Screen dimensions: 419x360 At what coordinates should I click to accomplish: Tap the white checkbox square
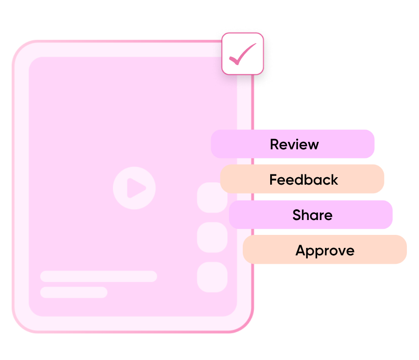[243, 53]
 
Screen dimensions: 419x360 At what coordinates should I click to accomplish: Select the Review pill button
[293, 144]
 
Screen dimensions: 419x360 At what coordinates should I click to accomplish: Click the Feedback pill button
[302, 179]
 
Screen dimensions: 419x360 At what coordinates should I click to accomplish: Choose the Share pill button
[311, 214]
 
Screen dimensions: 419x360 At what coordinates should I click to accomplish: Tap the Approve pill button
[325, 249]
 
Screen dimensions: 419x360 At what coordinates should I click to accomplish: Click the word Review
[294, 144]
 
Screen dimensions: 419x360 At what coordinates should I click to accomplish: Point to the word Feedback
[304, 180]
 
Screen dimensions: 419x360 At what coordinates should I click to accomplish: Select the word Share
[313, 215]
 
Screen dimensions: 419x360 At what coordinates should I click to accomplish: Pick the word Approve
[325, 251]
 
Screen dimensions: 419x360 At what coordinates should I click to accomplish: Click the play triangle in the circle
[135, 188]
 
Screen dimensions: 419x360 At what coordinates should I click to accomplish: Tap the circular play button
[134, 188]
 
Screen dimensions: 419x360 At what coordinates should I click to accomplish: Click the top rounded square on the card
[212, 198]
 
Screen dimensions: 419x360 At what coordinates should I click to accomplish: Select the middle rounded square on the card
[212, 237]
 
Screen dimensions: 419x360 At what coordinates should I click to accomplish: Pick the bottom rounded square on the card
[212, 277]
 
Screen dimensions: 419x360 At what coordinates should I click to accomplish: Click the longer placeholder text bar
[99, 276]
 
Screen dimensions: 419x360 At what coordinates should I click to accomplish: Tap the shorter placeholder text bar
[74, 293]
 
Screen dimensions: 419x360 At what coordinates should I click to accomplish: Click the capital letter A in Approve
[300, 250]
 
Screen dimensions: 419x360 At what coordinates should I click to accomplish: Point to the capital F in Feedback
[273, 180]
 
